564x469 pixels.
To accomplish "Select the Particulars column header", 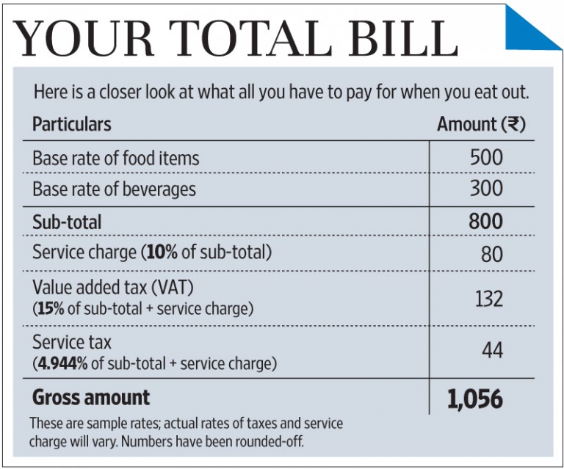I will click(71, 124).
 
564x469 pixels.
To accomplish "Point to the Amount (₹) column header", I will click(481, 124).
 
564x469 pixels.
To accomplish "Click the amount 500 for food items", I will click(486, 157).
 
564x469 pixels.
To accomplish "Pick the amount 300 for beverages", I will click(486, 189).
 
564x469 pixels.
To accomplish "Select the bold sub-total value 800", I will click(486, 221).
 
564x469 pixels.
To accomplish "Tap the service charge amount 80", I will click(492, 253).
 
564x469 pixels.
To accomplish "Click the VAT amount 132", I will click(487, 299).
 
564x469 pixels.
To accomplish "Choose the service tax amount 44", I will click(491, 351).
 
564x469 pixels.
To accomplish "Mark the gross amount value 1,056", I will click(475, 399).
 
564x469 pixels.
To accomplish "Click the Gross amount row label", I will click(91, 398).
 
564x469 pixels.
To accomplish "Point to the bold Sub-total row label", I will click(67, 222).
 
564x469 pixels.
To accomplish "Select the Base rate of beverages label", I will click(114, 189).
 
